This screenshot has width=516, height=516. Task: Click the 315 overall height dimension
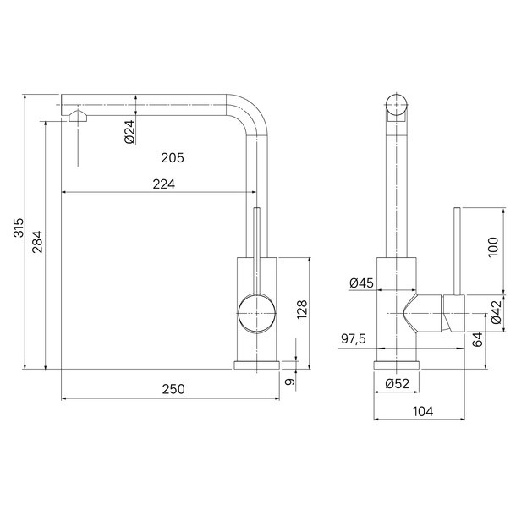coord(19,228)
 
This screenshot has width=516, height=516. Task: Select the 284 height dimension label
coord(37,242)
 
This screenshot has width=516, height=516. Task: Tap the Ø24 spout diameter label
coord(130,132)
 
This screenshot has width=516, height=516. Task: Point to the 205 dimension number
coord(173,158)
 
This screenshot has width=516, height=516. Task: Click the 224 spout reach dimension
coord(164,184)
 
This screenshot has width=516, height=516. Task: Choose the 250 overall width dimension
coord(173,389)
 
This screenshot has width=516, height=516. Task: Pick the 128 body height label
coord(302,309)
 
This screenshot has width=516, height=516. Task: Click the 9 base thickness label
coord(289,382)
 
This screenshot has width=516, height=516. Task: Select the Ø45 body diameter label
coord(362,283)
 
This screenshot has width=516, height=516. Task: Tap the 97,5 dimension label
coord(354,338)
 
